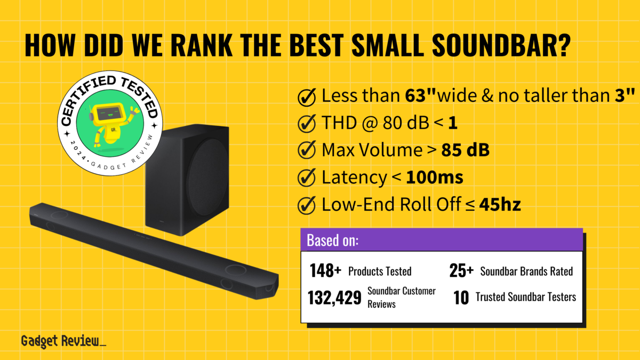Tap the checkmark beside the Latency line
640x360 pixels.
pos(307,178)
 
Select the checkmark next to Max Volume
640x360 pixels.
pos(307,151)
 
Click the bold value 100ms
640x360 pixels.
pos(435,178)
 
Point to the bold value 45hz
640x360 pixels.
pos(500,204)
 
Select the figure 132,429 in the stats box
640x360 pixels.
pos(334,298)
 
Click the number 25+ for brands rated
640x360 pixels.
pos(461,271)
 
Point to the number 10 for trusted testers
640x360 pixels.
pos(461,297)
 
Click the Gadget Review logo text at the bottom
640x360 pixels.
pos(63,341)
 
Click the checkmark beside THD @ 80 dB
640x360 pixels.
pos(307,124)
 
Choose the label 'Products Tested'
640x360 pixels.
pos(380,271)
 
